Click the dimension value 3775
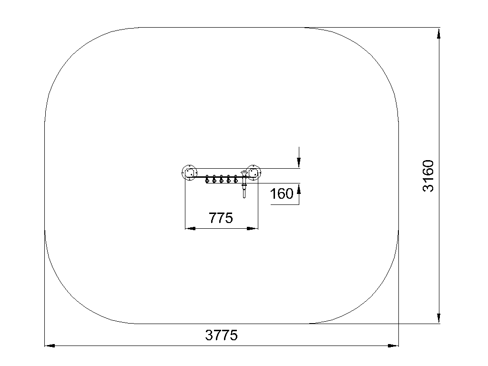221,335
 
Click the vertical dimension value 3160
428,176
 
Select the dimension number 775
221,218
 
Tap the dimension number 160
282,193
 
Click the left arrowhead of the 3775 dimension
50,346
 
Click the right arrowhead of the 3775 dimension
393,346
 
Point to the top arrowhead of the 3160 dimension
439,33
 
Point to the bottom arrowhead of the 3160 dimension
439,318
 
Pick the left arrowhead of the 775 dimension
190,228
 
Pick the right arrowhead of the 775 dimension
253,228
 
